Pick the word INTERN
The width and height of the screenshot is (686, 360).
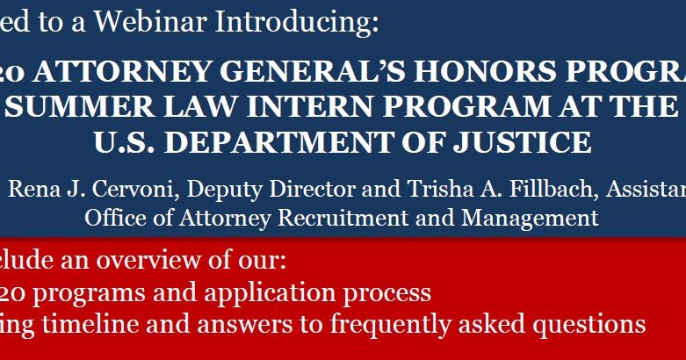coord(311,107)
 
